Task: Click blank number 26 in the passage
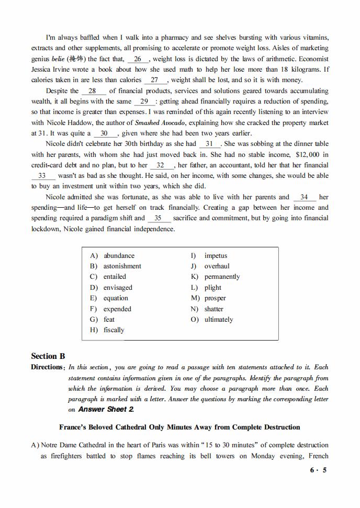coord(138,59)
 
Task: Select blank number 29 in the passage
coord(145,101)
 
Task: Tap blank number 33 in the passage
coord(42,176)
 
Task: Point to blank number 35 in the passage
coord(159,218)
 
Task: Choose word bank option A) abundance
coord(118,256)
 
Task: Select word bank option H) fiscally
coord(114,330)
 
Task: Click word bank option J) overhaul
coord(217,266)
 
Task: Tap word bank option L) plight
coord(212,288)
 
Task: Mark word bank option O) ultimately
coord(218,320)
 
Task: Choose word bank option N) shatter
coord(213,309)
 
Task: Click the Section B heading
coord(48,356)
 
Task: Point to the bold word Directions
coord(47,367)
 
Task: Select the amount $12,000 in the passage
coord(306,154)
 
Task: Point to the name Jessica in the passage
coord(42,70)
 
